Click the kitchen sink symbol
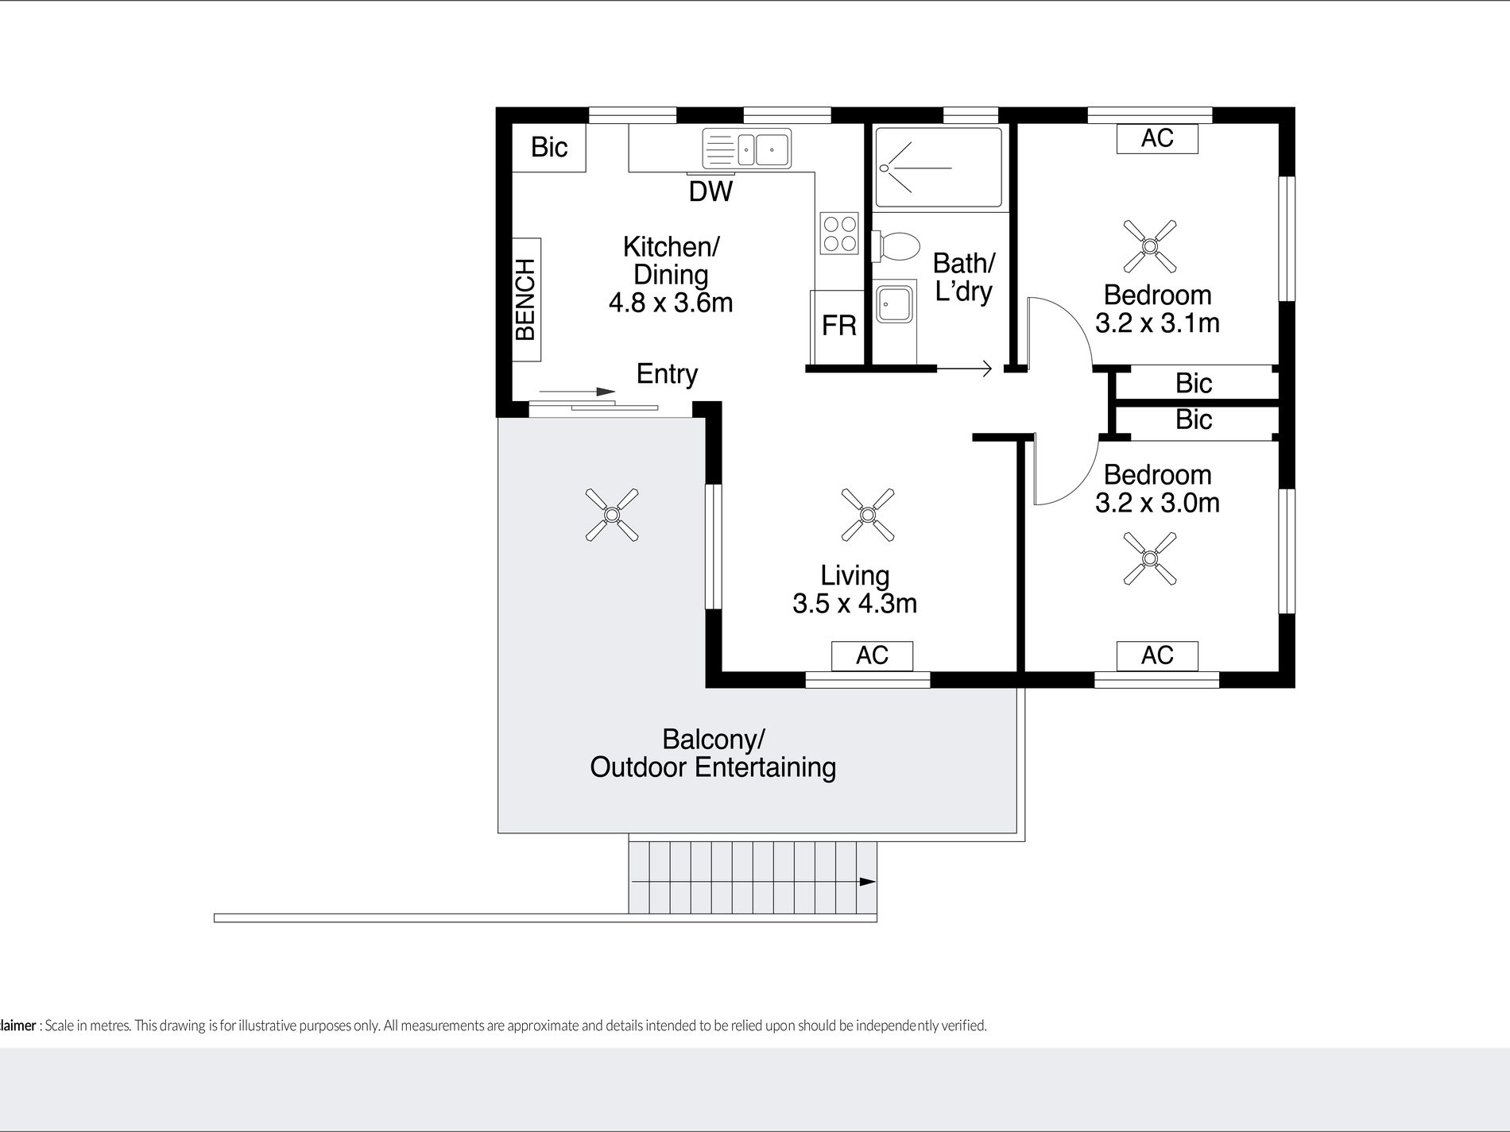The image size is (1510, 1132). [x=747, y=149]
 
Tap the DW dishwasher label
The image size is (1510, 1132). [x=710, y=191]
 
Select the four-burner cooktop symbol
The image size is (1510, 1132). [x=839, y=234]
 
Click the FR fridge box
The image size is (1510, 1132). [x=838, y=326]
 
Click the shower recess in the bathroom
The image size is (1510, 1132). [x=939, y=168]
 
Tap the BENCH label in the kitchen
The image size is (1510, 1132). [x=525, y=299]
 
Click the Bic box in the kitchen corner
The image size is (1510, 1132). [x=549, y=147]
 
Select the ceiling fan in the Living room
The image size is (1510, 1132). [x=868, y=515]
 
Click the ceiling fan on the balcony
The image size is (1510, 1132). [x=612, y=515]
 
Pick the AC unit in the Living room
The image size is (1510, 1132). [x=872, y=655]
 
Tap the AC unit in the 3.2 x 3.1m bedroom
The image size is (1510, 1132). [x=1157, y=138]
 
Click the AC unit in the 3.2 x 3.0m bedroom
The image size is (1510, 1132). [x=1157, y=655]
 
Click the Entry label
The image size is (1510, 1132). [x=667, y=373]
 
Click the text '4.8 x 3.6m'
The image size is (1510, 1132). [x=670, y=303]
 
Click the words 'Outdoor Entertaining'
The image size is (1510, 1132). [x=713, y=767]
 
